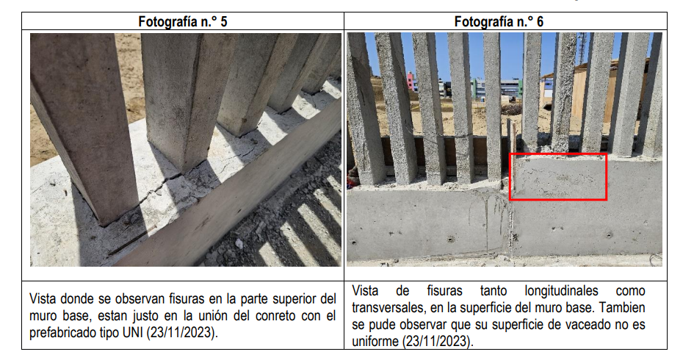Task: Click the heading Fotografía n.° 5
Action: pos(183,21)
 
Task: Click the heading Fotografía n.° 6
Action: pos(499,21)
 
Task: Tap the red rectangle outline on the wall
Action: pos(558,154)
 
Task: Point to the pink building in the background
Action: pos(411,82)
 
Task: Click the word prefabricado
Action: pos(60,333)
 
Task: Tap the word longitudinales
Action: pos(561,291)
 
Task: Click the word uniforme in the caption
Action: pos(375,341)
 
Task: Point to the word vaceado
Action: pos(586,325)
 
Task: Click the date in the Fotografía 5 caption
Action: pos(181,333)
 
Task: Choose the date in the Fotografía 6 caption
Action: pos(437,341)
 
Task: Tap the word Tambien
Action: pos(622,308)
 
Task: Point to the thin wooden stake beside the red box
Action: pos(514,157)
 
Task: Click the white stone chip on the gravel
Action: pos(239,244)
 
